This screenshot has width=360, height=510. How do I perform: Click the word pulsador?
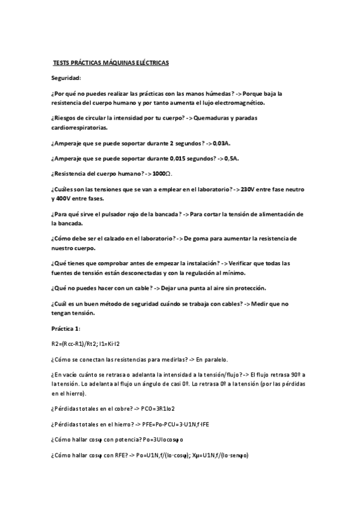[114, 214]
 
